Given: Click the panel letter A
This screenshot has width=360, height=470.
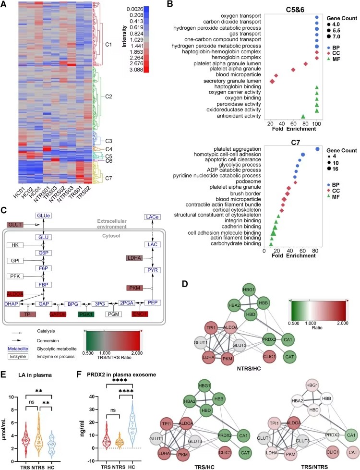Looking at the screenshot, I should [x=4, y=4].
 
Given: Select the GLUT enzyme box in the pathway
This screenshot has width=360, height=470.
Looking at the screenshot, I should [x=15, y=224].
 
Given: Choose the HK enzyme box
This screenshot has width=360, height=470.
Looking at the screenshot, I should [x=15, y=245].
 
